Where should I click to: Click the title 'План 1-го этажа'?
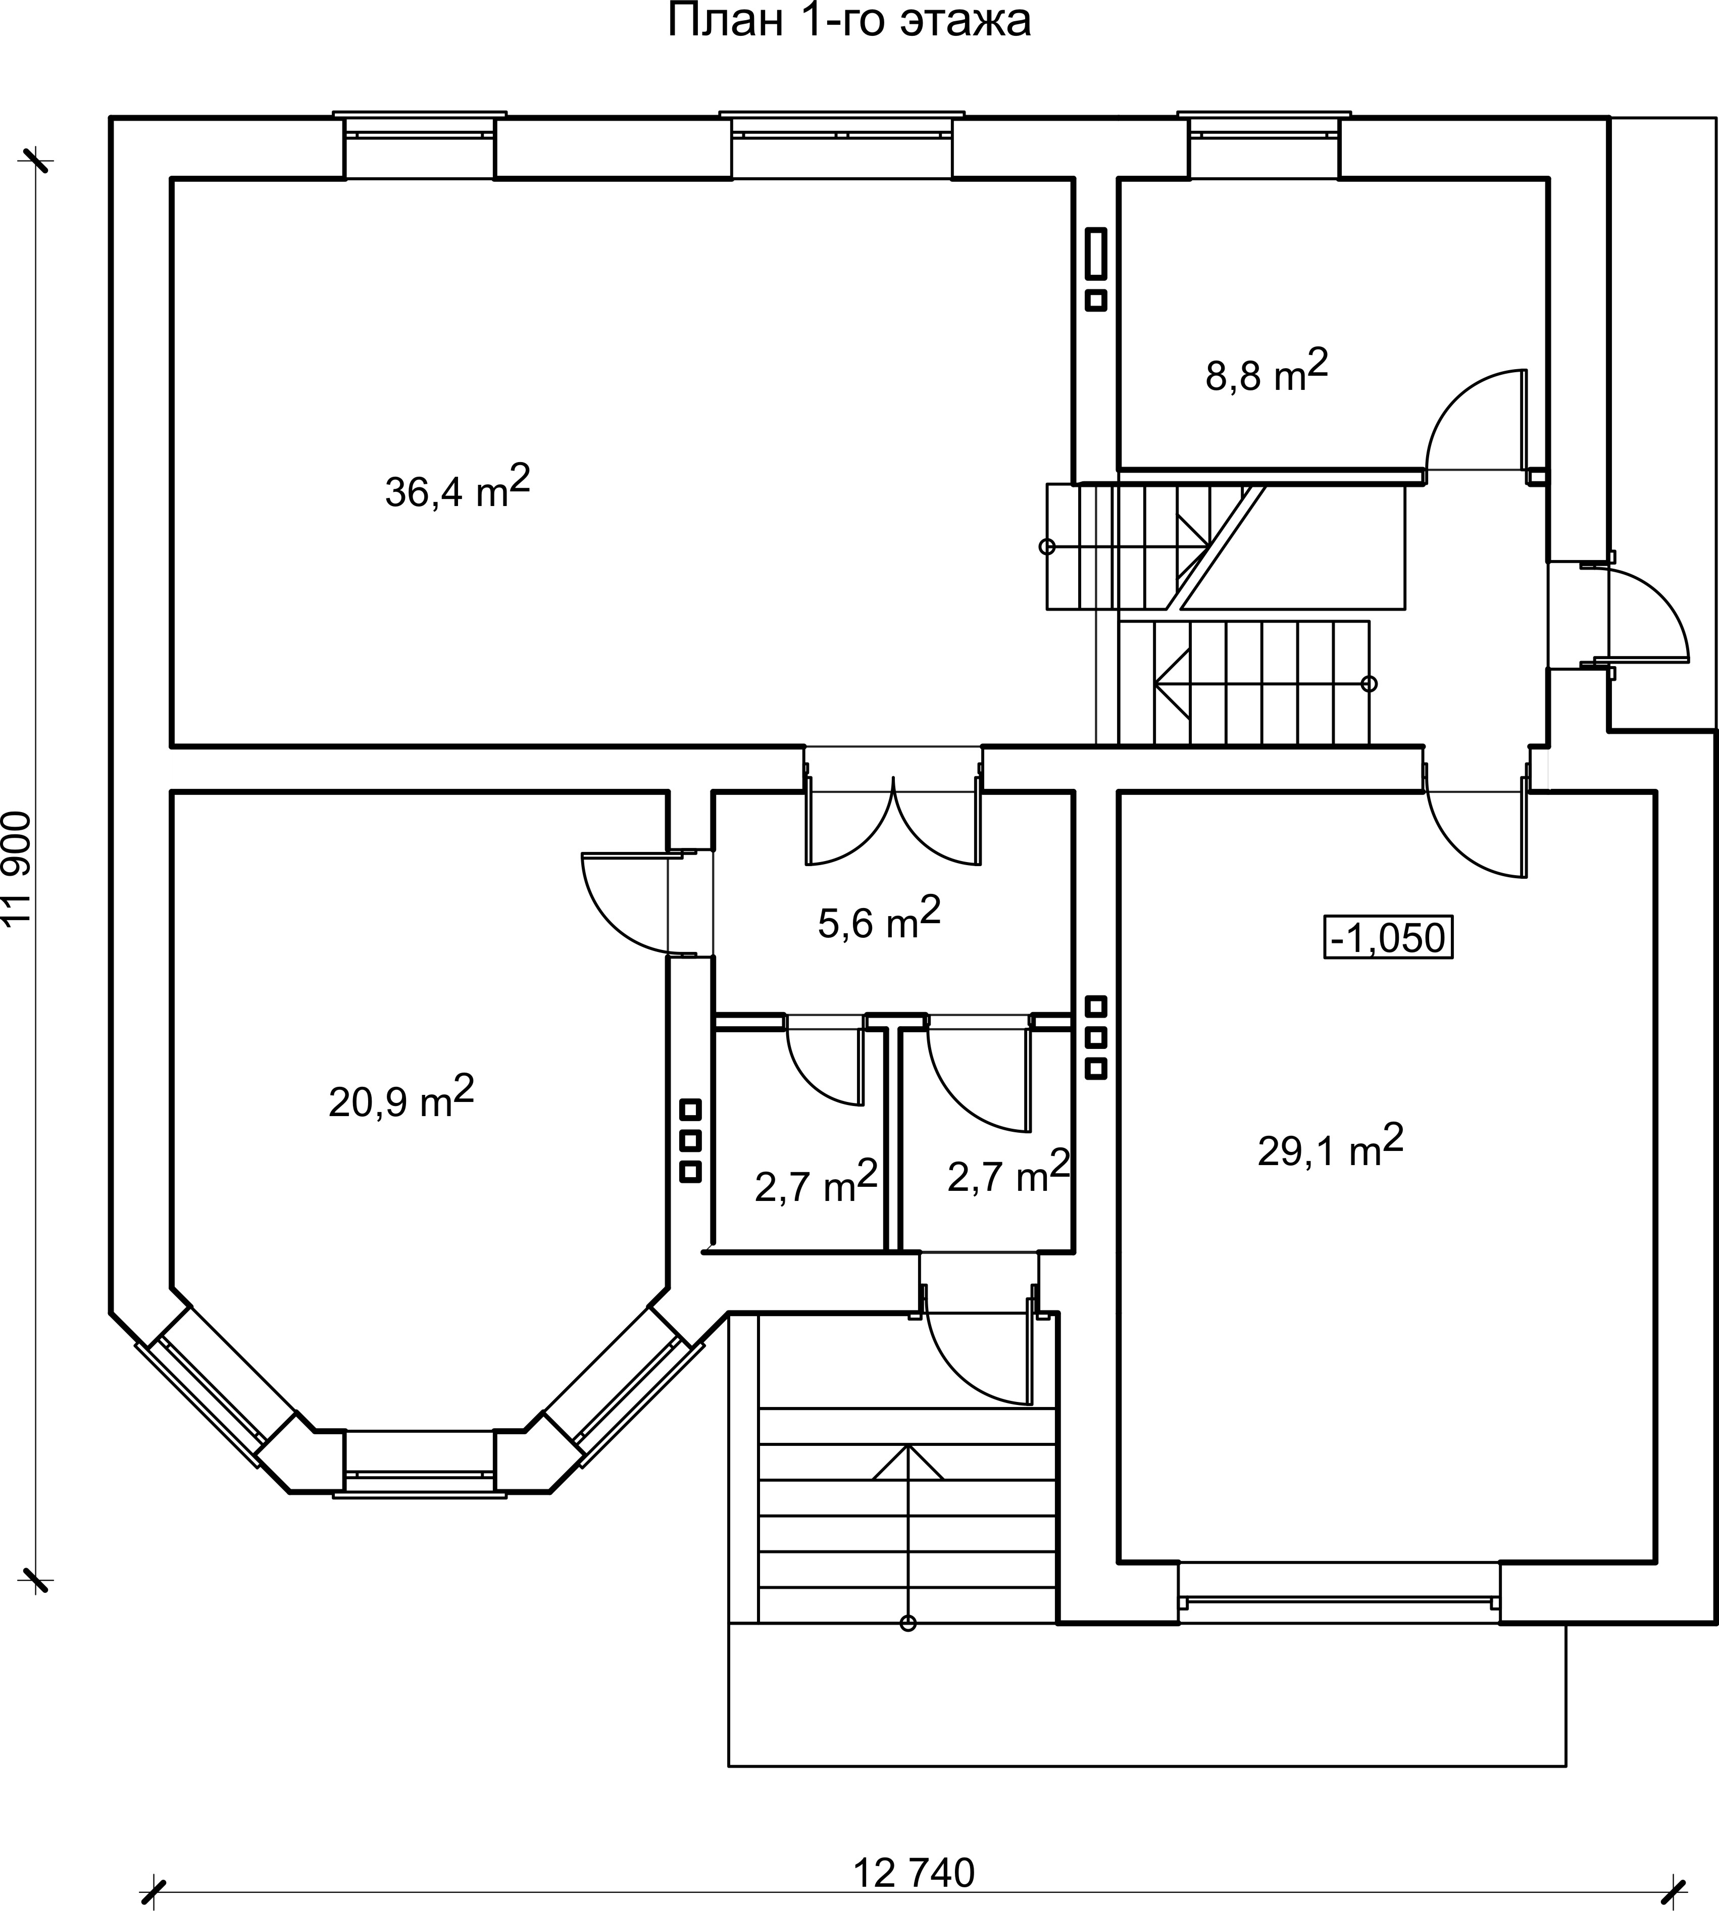(849, 21)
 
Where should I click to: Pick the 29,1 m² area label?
(1330, 1145)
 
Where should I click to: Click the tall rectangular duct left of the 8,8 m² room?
(1096, 253)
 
